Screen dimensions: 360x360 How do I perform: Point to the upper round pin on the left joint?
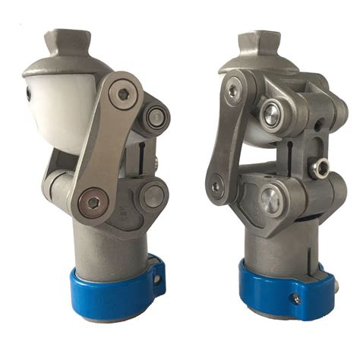click(158, 117)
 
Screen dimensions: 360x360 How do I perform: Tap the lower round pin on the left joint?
click(153, 197)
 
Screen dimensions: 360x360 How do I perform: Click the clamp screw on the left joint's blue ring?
click(158, 279)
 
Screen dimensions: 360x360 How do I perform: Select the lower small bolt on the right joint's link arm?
click(217, 185)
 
